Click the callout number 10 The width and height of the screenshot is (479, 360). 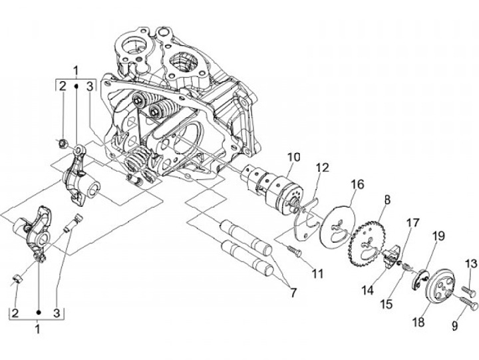(x=294, y=158)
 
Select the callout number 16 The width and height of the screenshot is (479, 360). (x=357, y=184)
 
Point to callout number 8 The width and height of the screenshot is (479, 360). (x=386, y=198)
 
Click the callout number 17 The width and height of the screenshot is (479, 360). (x=413, y=222)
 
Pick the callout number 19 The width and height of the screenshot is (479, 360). (x=438, y=236)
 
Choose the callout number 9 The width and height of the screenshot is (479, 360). (x=454, y=327)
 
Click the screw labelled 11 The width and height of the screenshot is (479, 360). (x=294, y=252)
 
